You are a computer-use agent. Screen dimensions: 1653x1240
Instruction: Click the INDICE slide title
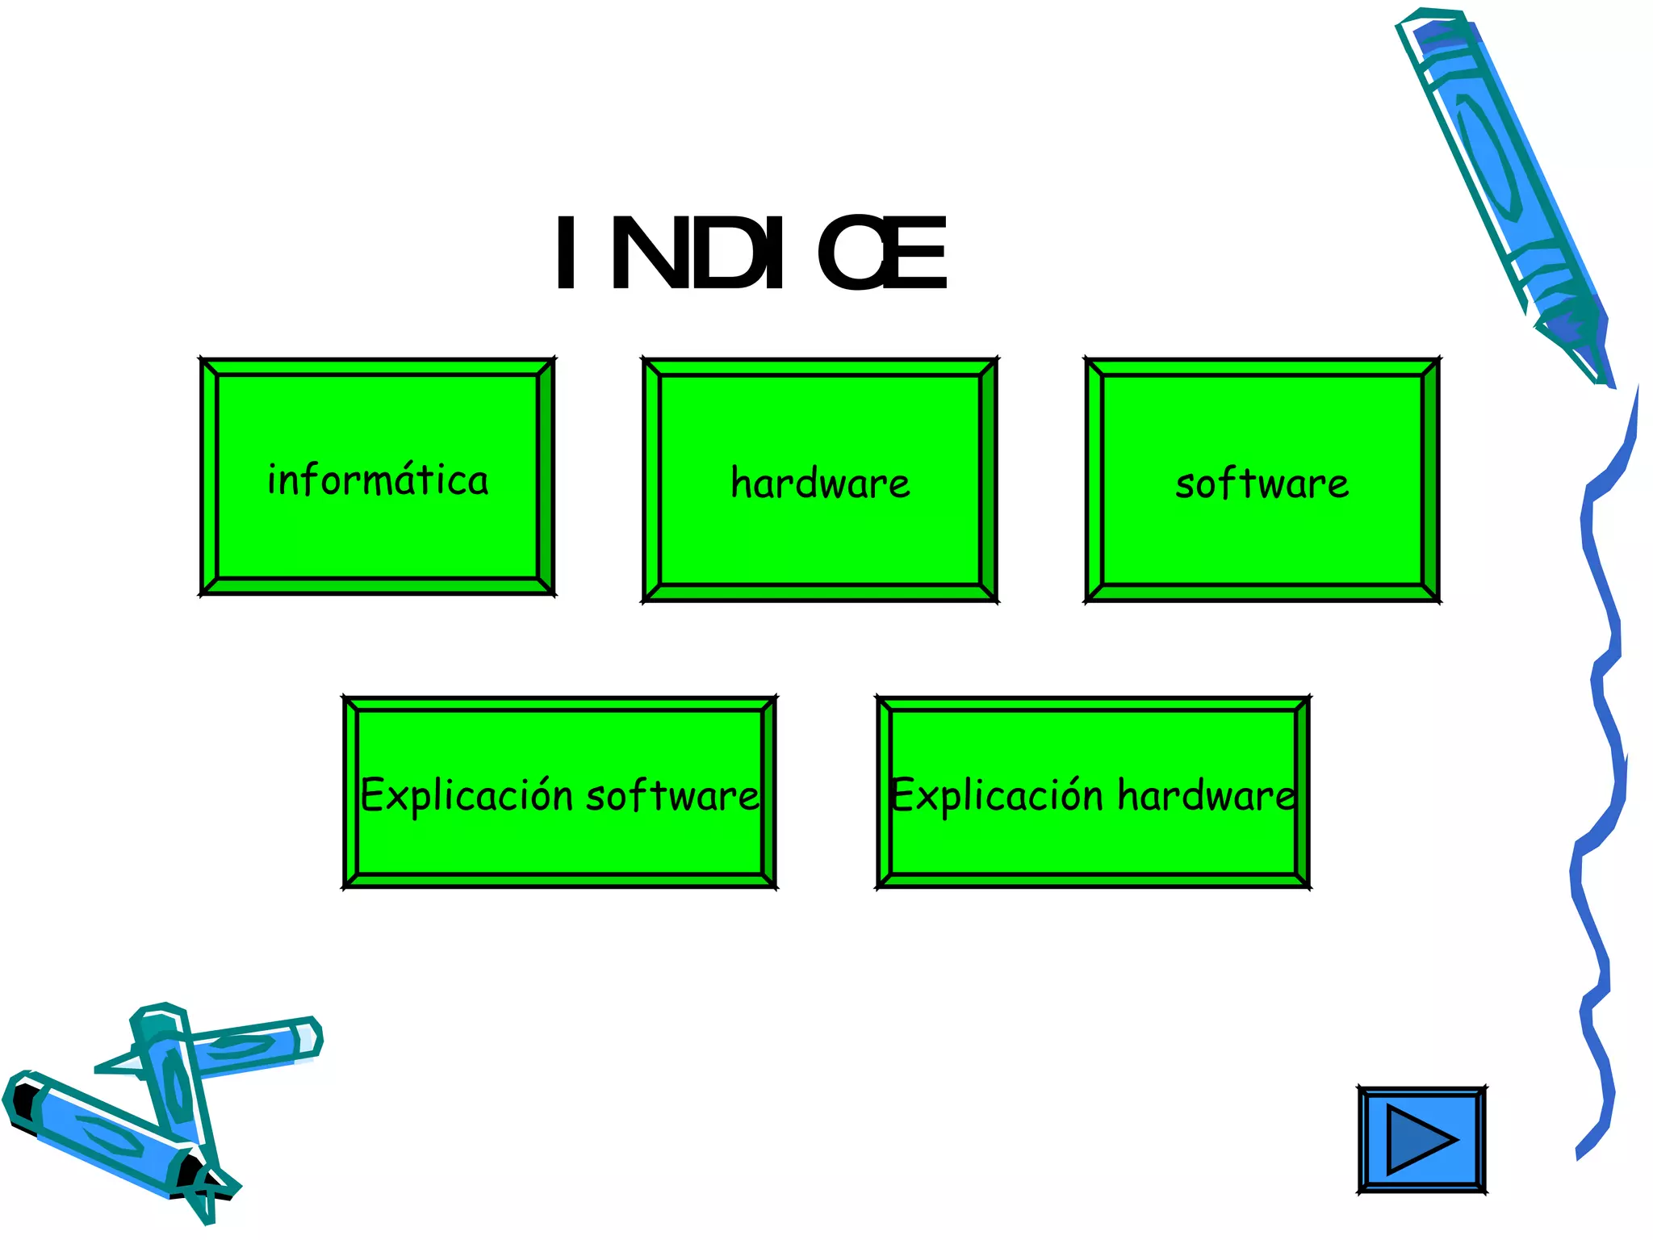click(751, 253)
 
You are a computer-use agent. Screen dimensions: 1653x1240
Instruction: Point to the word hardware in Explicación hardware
click(1207, 796)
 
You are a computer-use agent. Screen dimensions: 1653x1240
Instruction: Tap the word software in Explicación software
click(672, 796)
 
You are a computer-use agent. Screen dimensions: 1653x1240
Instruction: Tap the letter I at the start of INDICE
click(566, 253)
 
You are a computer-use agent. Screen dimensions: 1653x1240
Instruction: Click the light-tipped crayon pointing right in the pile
click(258, 1045)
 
